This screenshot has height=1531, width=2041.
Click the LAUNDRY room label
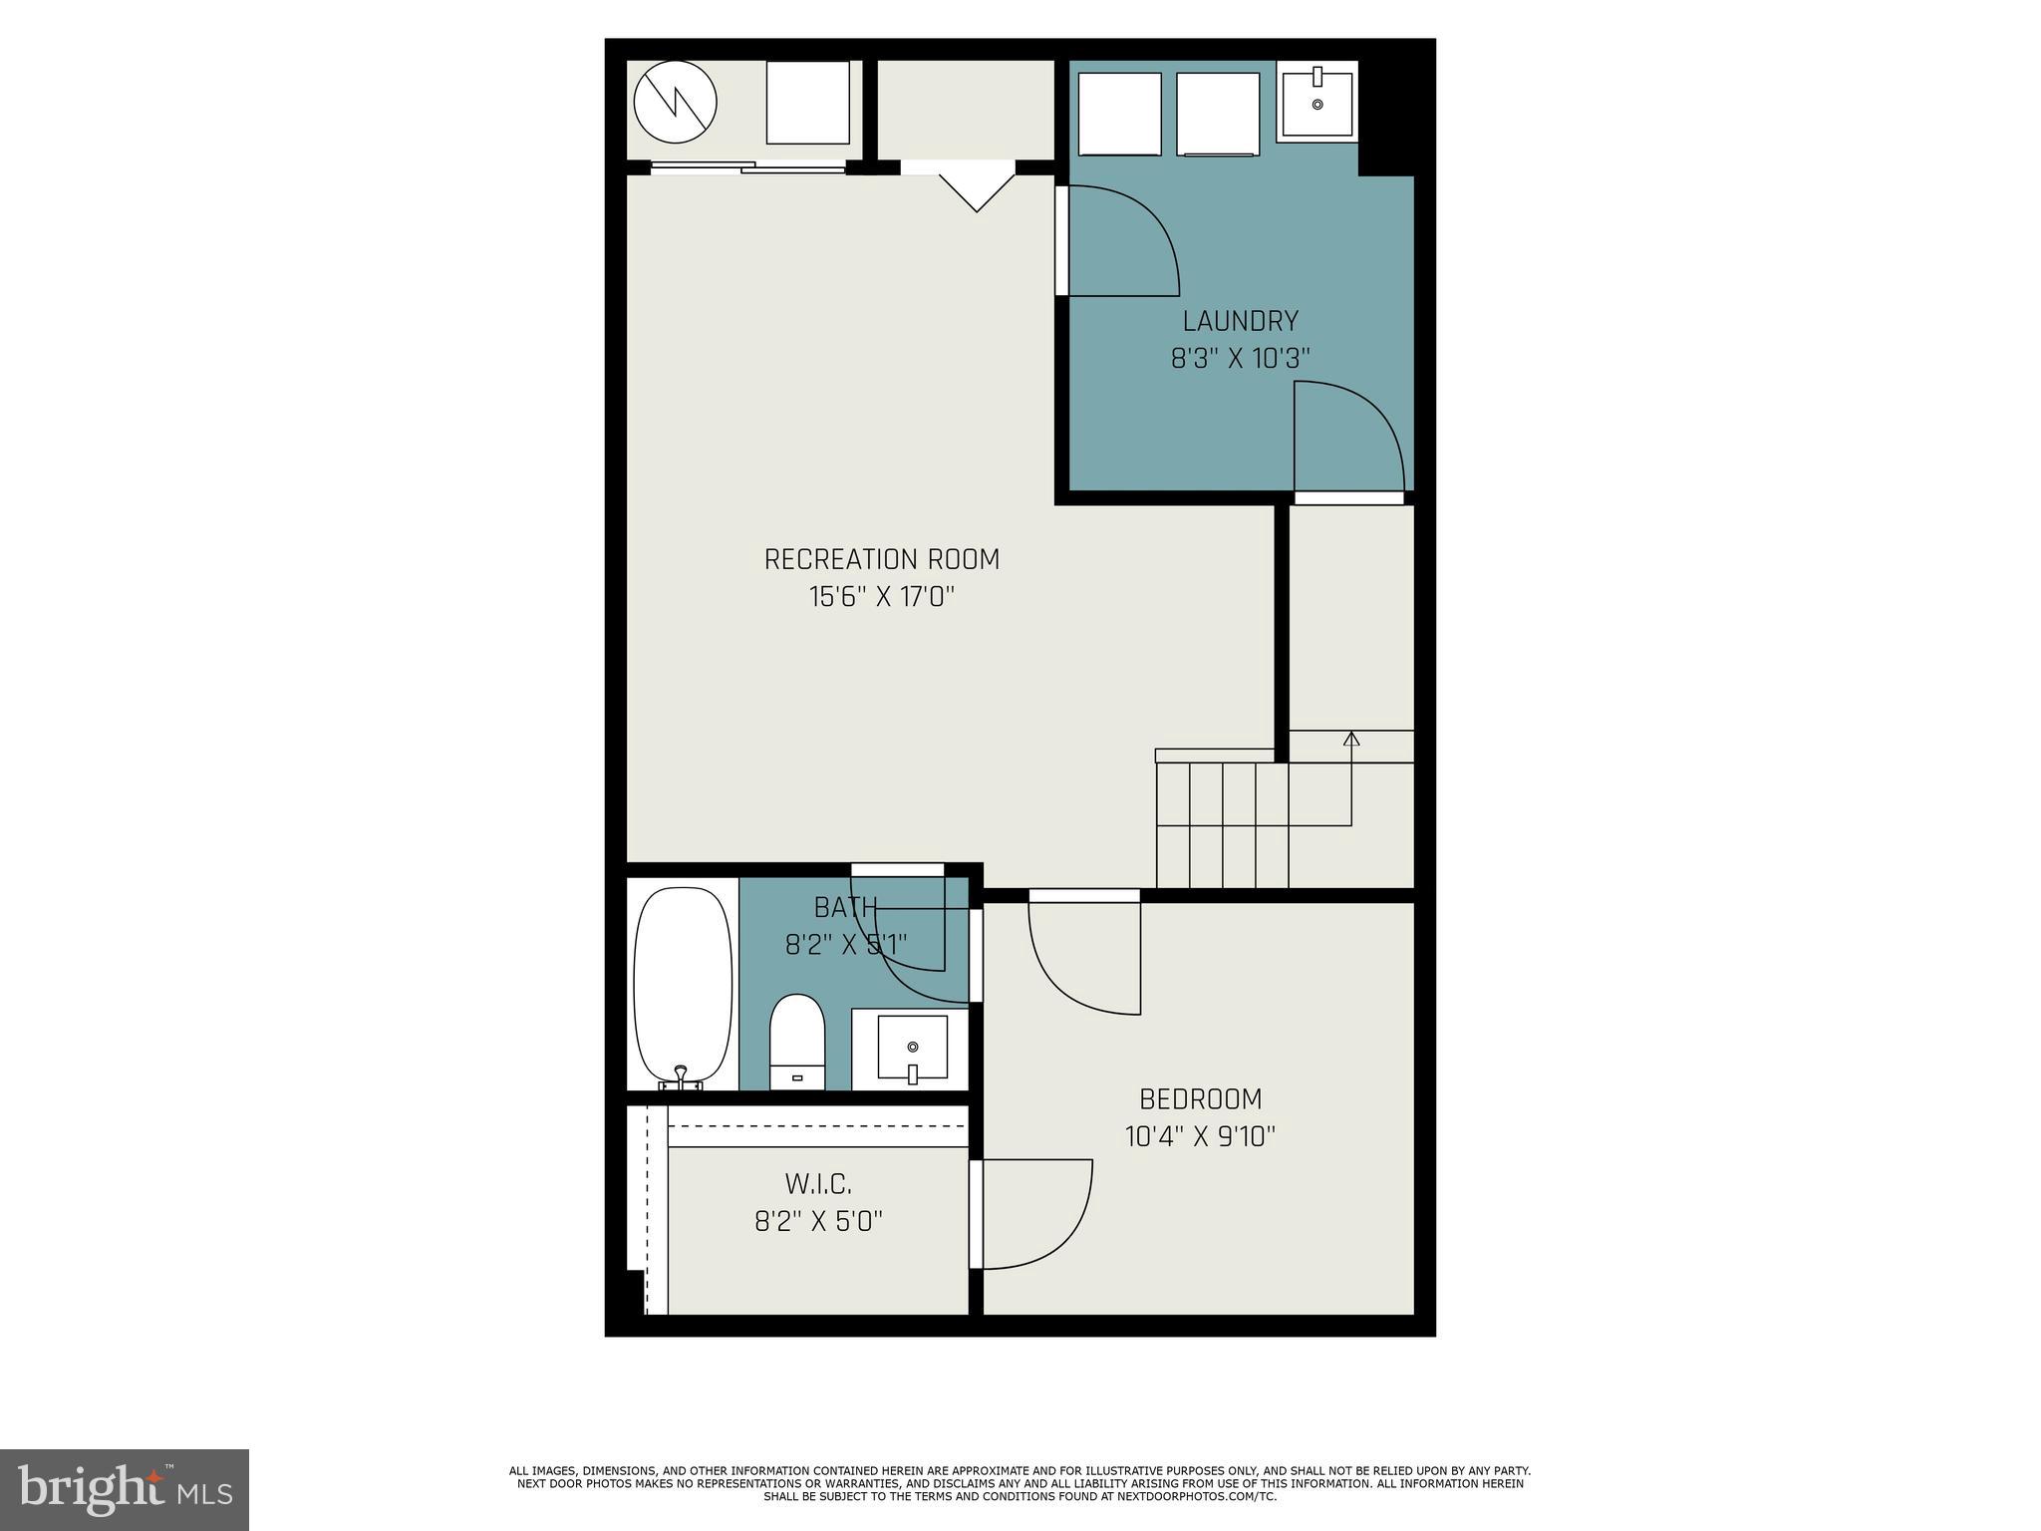click(x=1240, y=321)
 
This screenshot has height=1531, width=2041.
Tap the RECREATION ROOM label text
click(x=881, y=559)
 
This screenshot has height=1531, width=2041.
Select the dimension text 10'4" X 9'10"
click(x=1200, y=1136)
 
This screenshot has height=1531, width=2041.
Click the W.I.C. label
click(x=818, y=1184)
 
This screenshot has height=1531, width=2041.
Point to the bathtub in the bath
click(x=683, y=987)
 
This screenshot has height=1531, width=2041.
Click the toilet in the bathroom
click(x=797, y=1042)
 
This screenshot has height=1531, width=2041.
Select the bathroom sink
click(x=911, y=1048)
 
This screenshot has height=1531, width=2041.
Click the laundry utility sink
click(x=1316, y=101)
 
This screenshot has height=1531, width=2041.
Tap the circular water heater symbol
click(x=676, y=102)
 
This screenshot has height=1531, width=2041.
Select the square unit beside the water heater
click(x=807, y=103)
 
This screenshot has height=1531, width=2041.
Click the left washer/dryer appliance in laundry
click(x=1120, y=114)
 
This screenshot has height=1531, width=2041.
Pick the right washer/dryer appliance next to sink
click(x=1217, y=114)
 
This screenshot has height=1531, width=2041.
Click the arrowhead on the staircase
click(x=1351, y=739)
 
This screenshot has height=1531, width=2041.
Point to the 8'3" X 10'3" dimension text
click(x=1240, y=358)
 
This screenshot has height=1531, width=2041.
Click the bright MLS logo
click(x=125, y=1489)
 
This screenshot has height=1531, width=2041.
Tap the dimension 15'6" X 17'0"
click(x=881, y=597)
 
